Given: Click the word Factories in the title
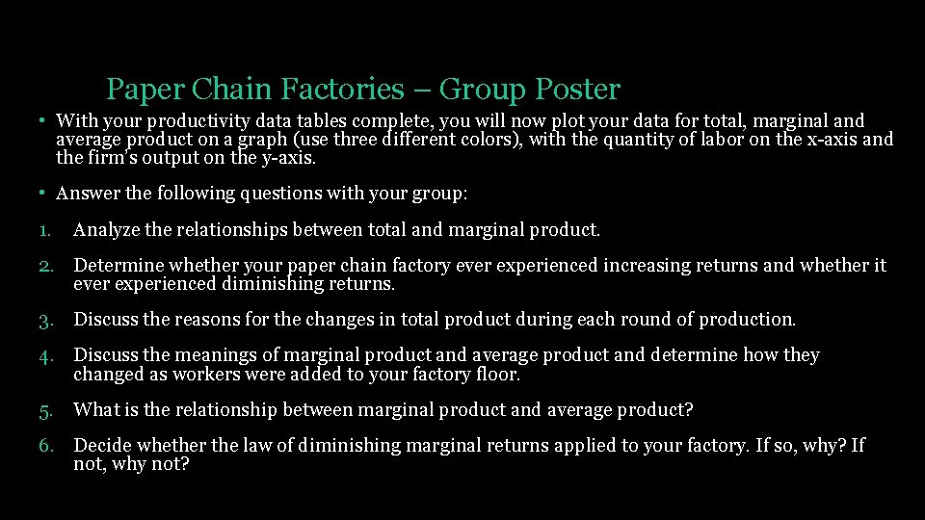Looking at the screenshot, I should click(343, 90).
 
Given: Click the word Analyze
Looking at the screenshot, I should click(107, 230).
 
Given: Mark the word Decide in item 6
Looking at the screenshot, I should click(101, 446).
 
